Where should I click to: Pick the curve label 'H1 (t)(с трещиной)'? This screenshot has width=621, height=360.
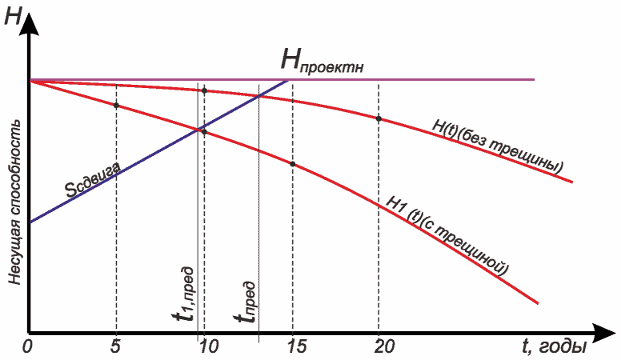click(x=447, y=236)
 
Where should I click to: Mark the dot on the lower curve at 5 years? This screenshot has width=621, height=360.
click(x=117, y=106)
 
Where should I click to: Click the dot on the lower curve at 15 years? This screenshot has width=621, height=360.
click(x=293, y=164)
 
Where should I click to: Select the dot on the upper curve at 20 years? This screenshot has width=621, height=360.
click(x=379, y=118)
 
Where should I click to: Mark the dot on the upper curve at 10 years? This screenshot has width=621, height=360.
click(x=205, y=90)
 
